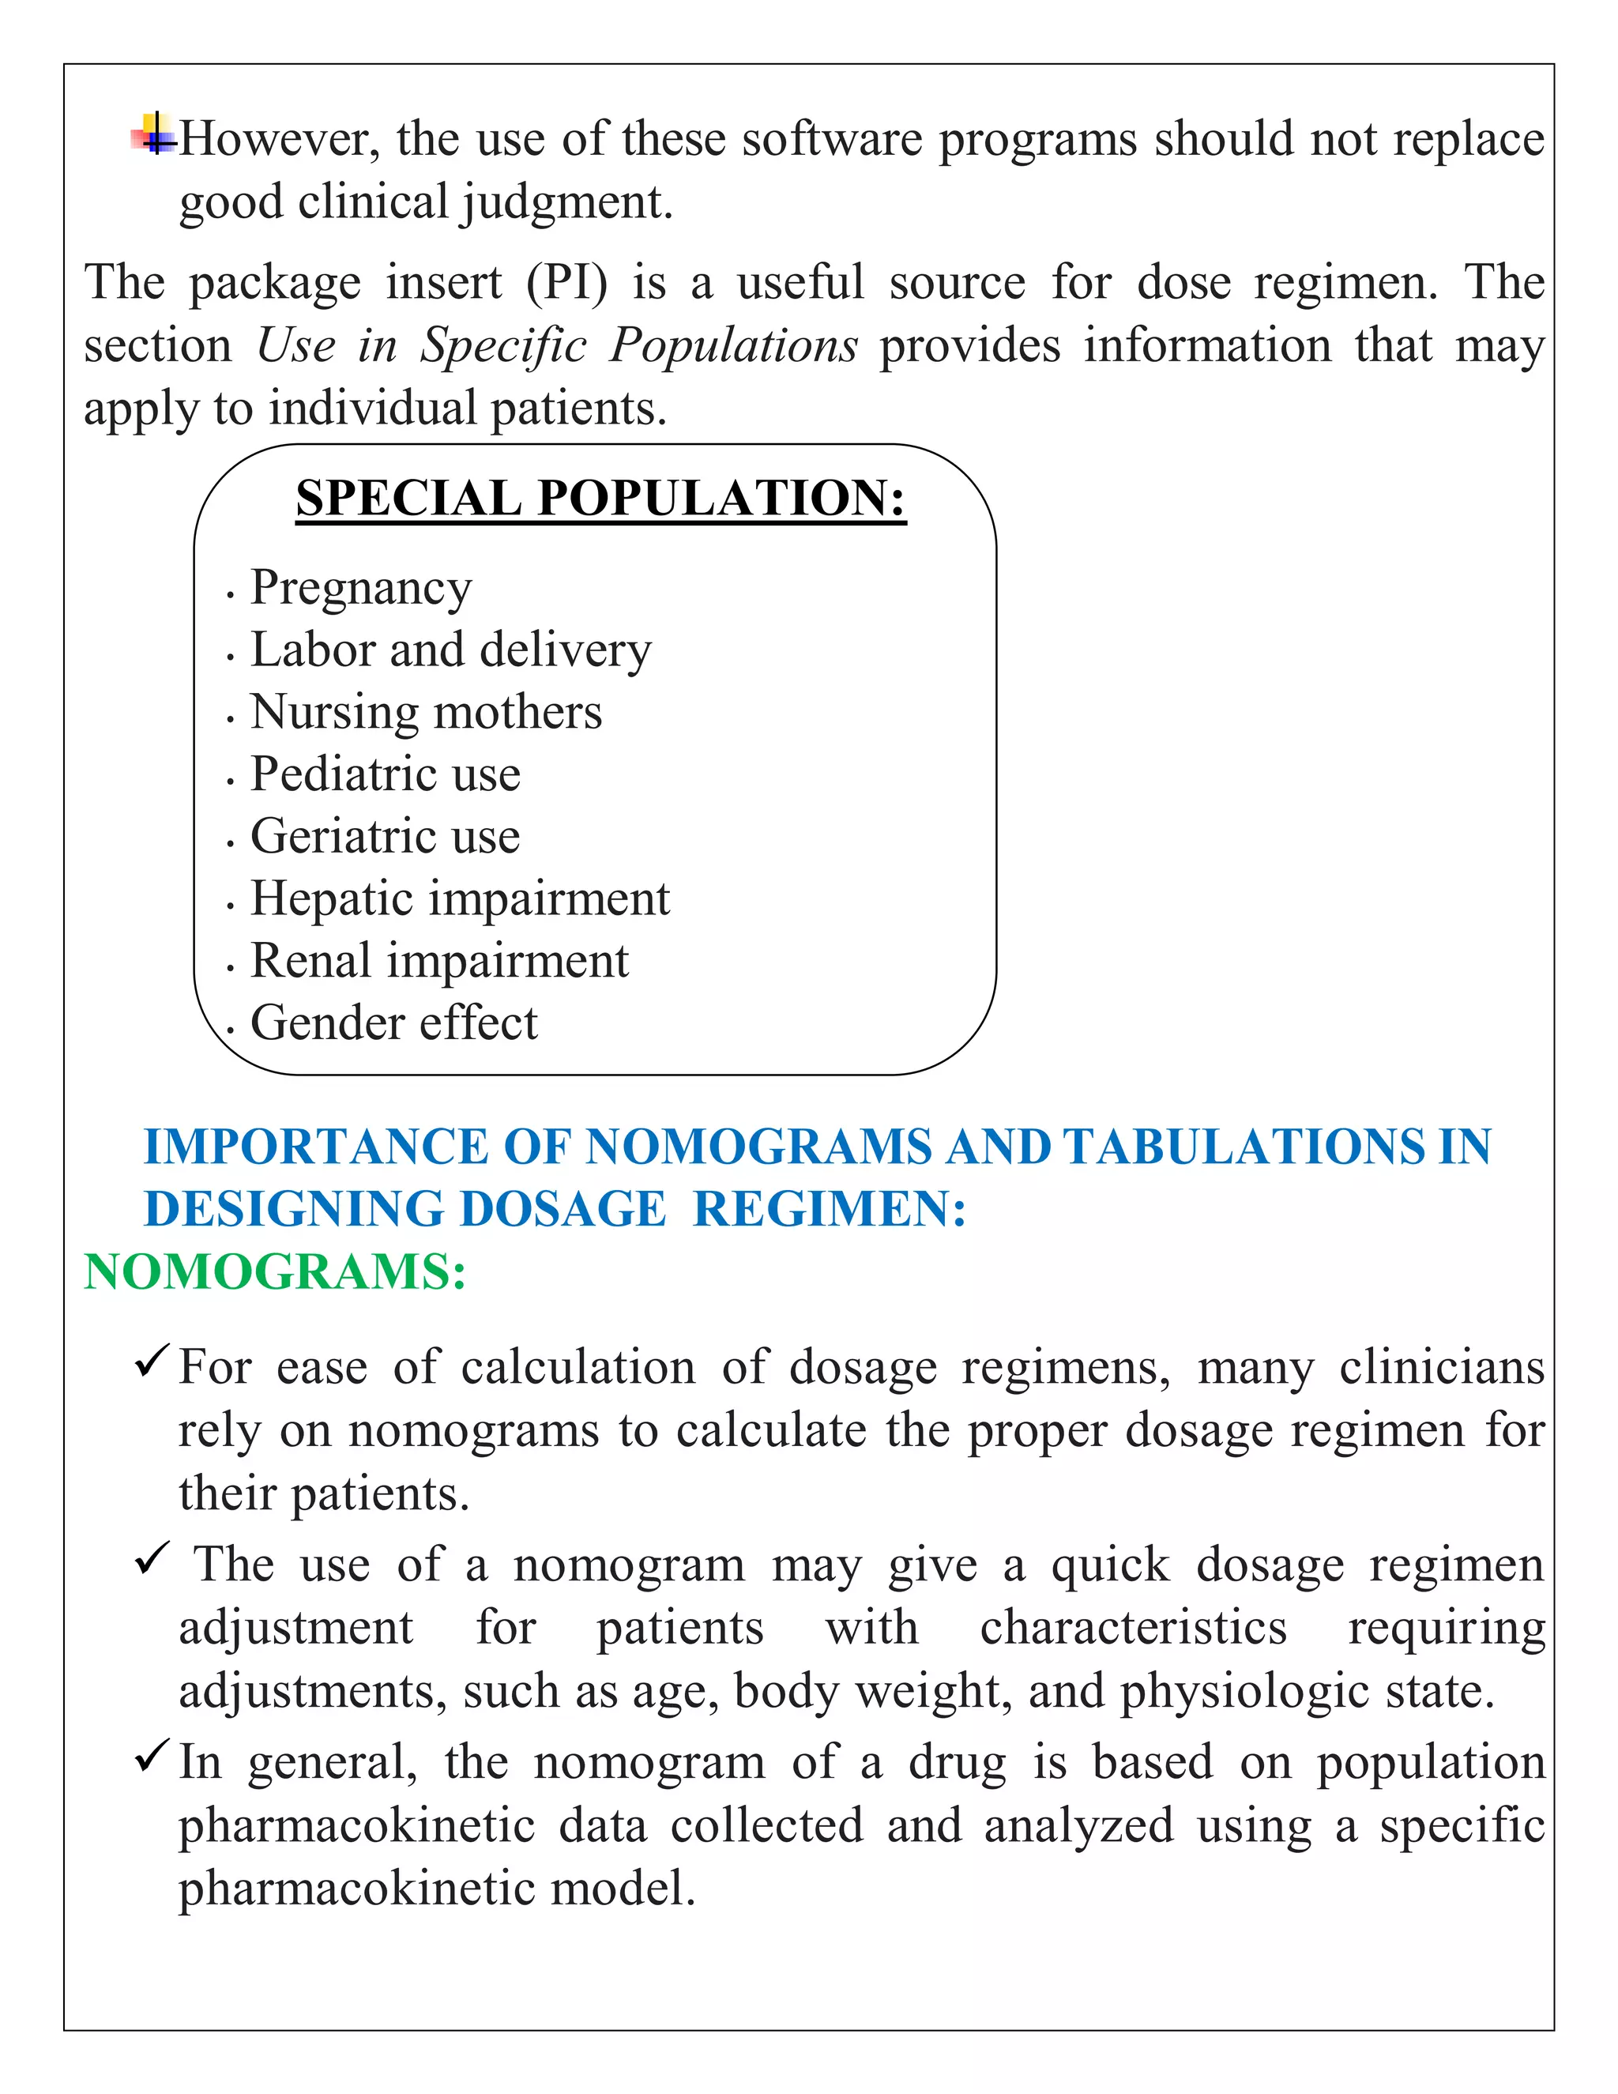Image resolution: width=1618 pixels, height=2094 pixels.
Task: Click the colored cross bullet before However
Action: click(153, 134)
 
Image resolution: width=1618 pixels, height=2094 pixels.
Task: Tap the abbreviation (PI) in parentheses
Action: click(566, 283)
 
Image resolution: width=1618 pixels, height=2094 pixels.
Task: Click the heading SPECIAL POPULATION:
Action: click(600, 499)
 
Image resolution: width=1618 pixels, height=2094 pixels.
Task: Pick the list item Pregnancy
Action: click(360, 588)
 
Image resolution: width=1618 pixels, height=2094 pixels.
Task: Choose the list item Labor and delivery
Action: click(450, 650)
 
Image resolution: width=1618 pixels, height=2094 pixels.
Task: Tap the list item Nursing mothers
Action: click(426, 713)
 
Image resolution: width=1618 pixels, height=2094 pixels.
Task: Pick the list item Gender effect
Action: click(394, 1023)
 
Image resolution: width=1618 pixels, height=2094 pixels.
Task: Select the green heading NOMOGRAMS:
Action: click(275, 1272)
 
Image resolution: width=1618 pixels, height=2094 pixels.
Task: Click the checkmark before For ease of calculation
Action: click(152, 1361)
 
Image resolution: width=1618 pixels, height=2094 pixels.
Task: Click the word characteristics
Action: click(1133, 1628)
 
